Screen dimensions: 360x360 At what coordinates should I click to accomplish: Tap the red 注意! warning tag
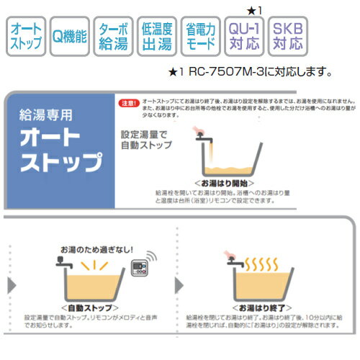pyautogui.click(x=128, y=103)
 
